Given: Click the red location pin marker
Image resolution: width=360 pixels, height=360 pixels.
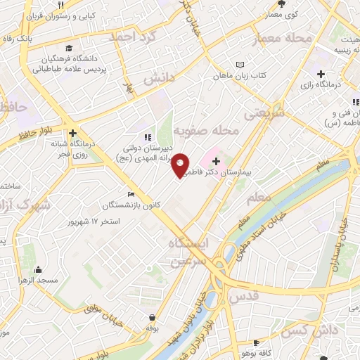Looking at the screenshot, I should pos(181,165).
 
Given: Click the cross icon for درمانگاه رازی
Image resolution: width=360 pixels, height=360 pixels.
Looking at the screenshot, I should pos(321,74).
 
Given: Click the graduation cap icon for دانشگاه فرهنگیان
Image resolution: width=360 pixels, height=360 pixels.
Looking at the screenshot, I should pos(69,49).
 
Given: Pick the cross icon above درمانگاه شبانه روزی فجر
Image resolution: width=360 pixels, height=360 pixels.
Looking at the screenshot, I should pos(72,132).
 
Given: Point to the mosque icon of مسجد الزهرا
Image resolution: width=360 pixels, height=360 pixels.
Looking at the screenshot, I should pos(37,269).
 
